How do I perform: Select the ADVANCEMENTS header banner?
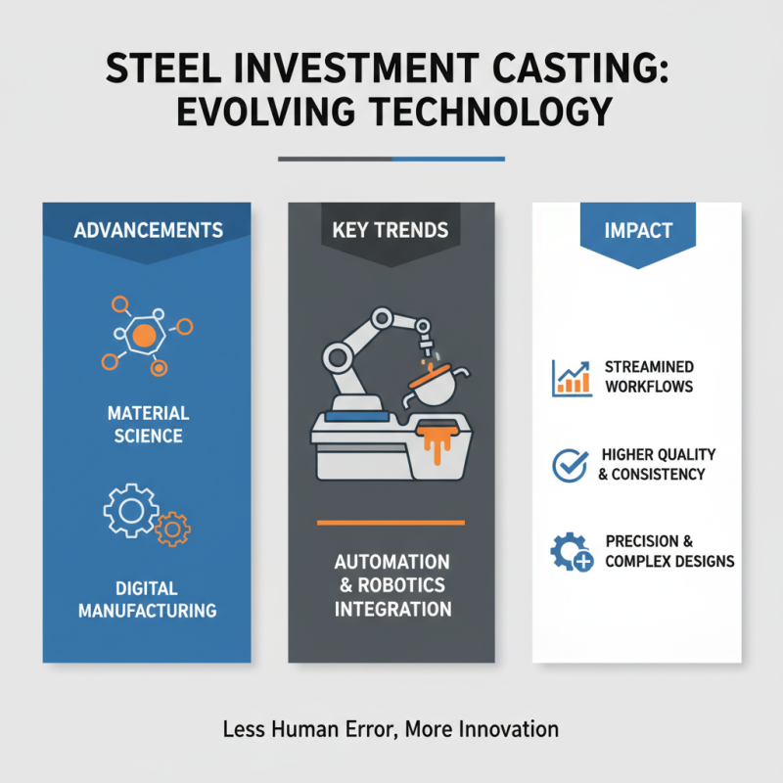[x=147, y=231]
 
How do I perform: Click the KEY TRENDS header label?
[x=391, y=231]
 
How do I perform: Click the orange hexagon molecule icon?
[x=144, y=336]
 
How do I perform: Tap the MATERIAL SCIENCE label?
[x=147, y=424]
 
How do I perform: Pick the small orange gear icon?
[x=173, y=528]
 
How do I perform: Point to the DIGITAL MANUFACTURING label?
[x=147, y=599]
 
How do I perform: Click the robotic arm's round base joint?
[x=339, y=354]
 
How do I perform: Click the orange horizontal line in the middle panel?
[x=391, y=522]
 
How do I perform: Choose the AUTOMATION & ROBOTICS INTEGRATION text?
[x=391, y=585]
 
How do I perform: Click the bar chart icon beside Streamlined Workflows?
[x=572, y=377]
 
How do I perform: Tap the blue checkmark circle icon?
[x=570, y=465]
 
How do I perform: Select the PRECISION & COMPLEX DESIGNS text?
[x=669, y=551]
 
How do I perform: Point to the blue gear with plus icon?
[x=571, y=554]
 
